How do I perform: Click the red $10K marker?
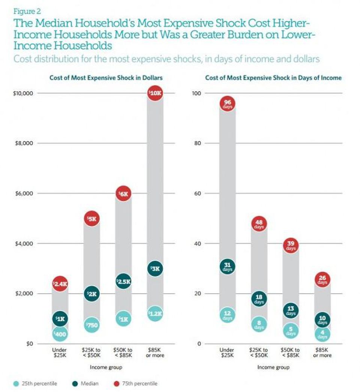click(155, 94)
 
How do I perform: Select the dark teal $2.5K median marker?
click(123, 281)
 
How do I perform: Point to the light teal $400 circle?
click(60, 333)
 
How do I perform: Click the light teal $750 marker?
click(91, 325)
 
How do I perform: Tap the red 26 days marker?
click(322, 280)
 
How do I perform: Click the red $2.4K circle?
click(60, 284)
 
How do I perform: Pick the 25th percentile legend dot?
click(16, 383)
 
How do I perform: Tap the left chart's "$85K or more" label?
click(155, 353)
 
